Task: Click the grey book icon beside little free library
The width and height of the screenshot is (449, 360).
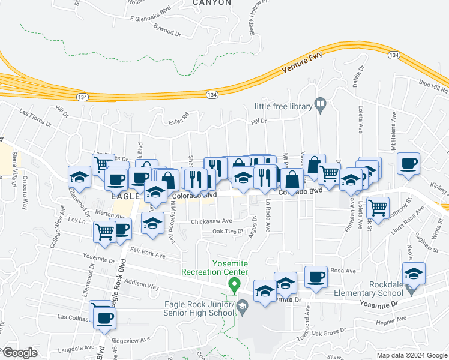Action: [x=321, y=106]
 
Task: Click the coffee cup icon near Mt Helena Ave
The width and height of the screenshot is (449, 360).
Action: [x=408, y=164]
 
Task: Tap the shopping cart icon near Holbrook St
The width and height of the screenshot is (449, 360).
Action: [x=378, y=208]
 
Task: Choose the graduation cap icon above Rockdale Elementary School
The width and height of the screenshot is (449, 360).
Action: [x=414, y=274]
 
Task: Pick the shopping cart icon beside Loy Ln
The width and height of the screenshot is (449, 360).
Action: [x=105, y=230]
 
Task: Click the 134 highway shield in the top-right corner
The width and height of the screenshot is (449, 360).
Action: [x=394, y=55]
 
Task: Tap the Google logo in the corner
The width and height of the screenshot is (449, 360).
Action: [x=19, y=353]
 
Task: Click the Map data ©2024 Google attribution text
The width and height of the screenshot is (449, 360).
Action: [x=412, y=355]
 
